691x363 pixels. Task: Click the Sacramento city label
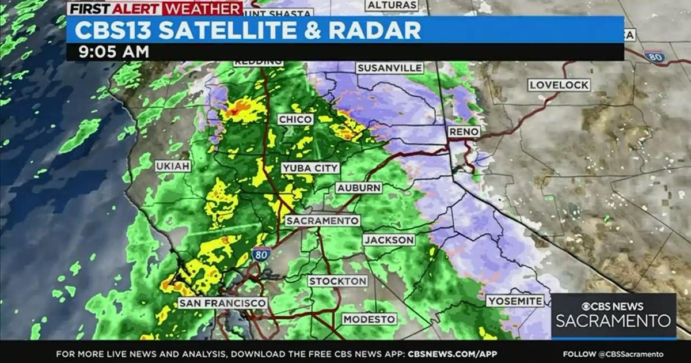[322, 221]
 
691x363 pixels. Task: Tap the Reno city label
[464, 132]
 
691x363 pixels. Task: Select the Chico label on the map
[295, 119]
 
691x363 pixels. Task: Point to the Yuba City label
[310, 168]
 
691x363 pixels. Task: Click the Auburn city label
[359, 188]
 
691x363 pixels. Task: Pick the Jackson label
[389, 240]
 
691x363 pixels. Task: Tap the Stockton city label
[337, 281]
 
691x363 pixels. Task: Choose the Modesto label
[369, 319]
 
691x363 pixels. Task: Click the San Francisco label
[222, 302]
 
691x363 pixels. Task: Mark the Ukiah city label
[173, 166]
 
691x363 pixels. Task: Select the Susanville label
[390, 68]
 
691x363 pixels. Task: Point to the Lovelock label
[559, 85]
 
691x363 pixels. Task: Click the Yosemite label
[515, 301]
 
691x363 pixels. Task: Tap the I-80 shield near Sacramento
[260, 254]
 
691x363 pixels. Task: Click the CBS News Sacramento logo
[614, 315]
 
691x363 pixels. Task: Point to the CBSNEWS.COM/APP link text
[453, 354]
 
